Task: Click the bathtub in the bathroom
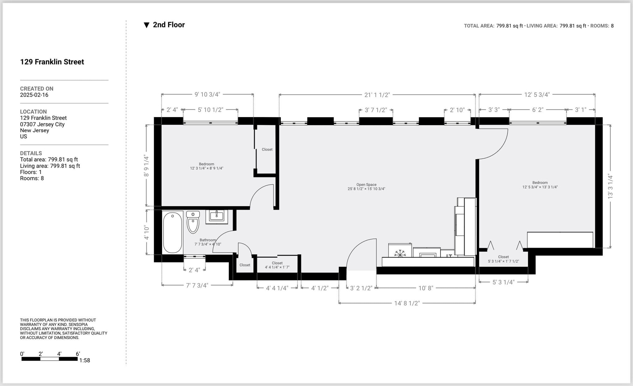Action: [x=172, y=232]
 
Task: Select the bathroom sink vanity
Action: [x=216, y=216]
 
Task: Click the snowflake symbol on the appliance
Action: [x=400, y=253]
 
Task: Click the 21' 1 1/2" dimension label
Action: [x=377, y=95]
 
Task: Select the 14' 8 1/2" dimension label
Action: [x=407, y=303]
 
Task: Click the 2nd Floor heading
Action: [x=168, y=25]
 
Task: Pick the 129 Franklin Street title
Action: [x=52, y=62]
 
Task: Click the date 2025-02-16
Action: [x=34, y=95]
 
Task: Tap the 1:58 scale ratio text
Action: [x=84, y=360]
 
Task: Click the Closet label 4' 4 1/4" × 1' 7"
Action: [x=277, y=265]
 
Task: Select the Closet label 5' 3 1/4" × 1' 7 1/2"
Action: [x=503, y=259]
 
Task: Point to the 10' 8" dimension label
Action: [x=426, y=288]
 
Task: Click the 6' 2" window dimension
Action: [x=537, y=110]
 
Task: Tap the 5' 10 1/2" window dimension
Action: [x=210, y=110]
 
